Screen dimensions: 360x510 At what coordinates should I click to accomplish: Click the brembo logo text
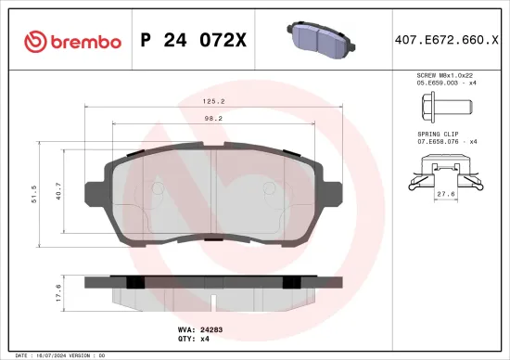86,42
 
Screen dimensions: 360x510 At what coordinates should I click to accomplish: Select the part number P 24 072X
193,42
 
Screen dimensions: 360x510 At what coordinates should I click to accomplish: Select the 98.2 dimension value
215,119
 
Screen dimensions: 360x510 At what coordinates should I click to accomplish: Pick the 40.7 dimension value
60,193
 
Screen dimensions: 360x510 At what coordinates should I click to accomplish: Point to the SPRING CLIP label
437,134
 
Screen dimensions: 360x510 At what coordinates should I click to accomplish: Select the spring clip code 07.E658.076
440,141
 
